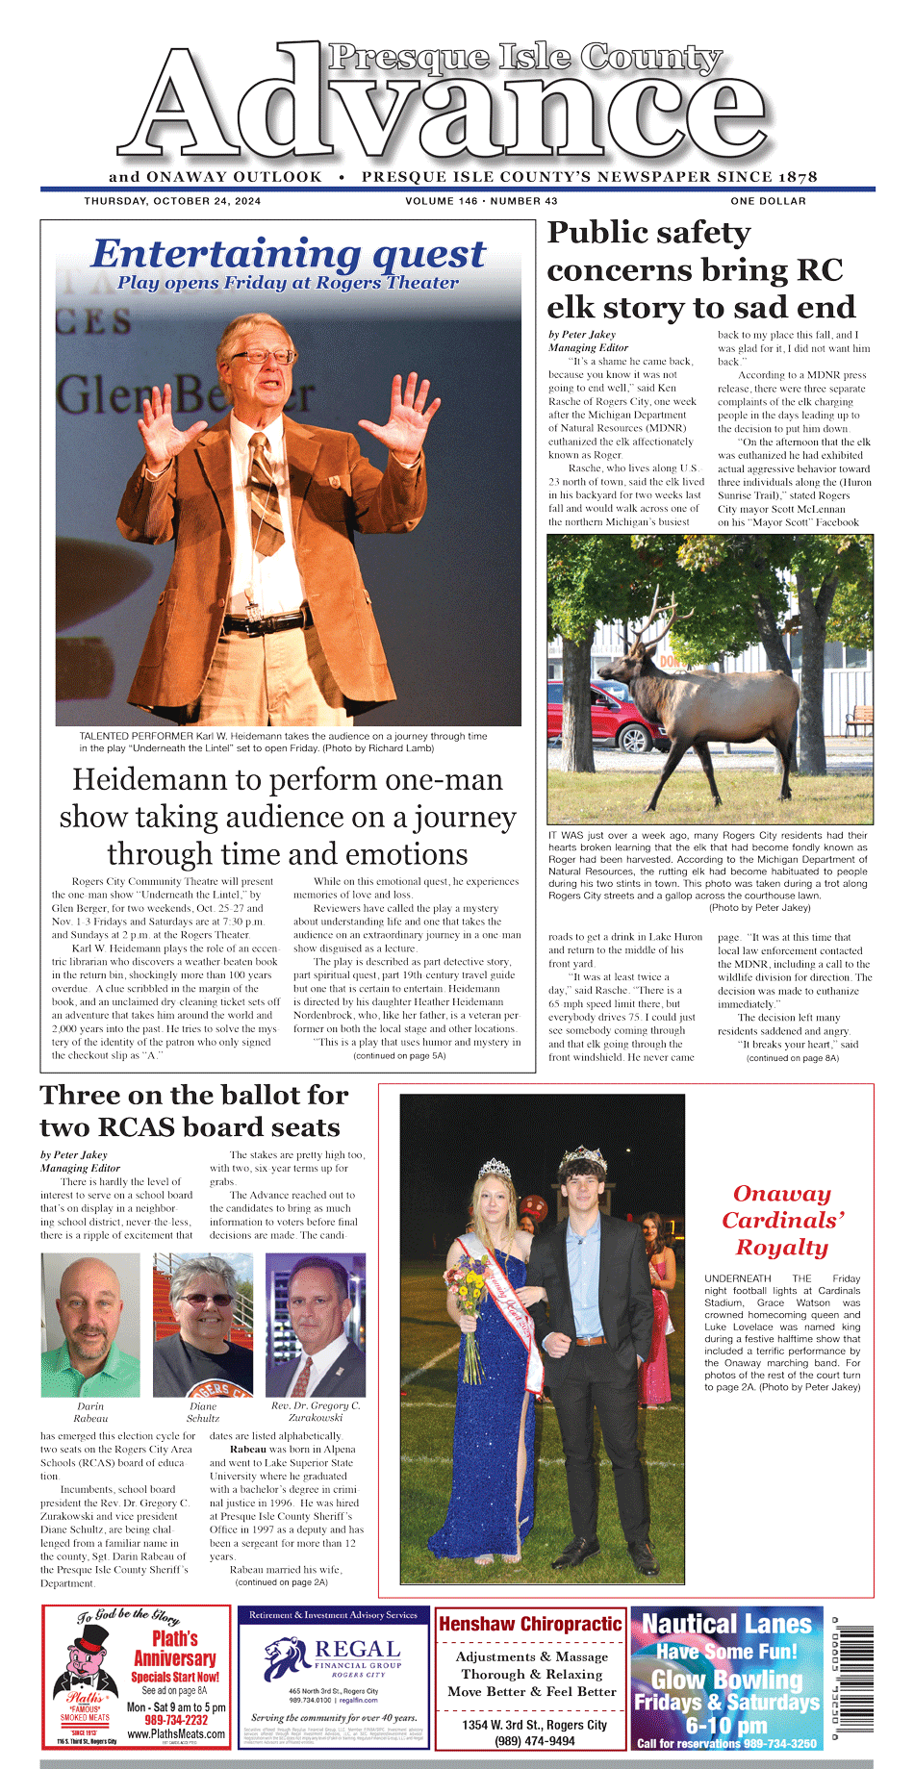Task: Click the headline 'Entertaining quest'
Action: (289, 254)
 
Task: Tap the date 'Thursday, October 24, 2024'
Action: (172, 201)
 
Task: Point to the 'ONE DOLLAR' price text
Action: (768, 201)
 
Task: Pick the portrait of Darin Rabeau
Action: (90, 1325)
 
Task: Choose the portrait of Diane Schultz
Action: (203, 1325)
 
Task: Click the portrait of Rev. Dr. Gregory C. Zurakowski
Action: (316, 1325)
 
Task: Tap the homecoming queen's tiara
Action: (495, 1169)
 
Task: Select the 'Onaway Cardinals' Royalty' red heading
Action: (782, 1220)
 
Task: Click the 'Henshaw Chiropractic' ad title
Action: (530, 1624)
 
